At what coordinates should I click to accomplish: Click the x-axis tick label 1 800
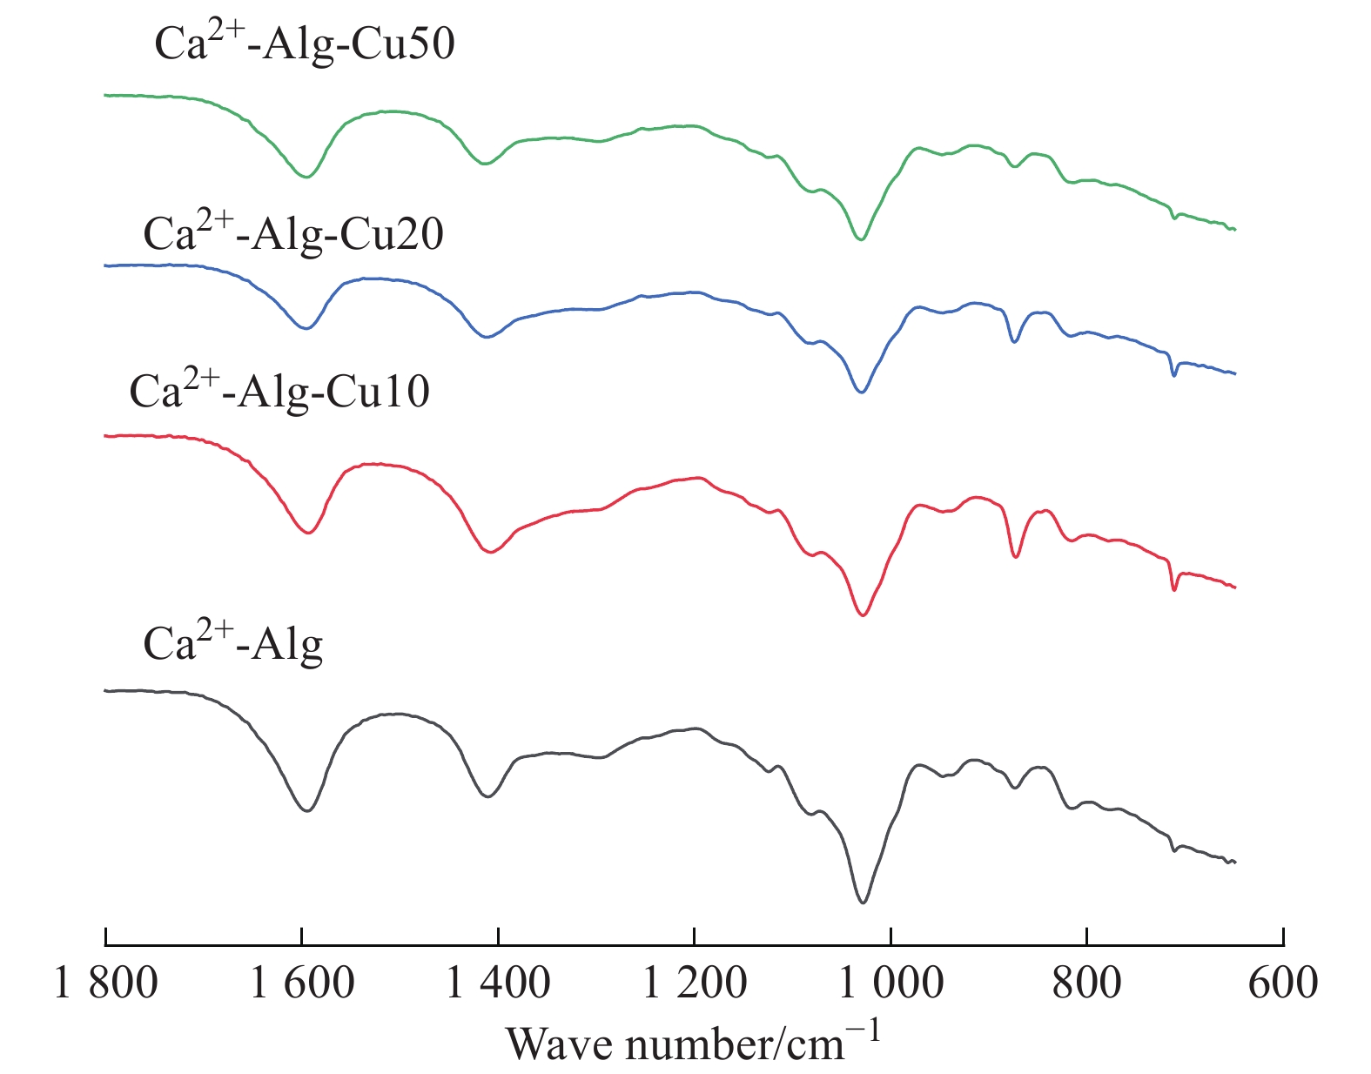[105, 983]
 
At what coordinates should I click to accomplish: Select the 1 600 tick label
[302, 983]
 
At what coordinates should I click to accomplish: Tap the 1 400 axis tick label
[498, 983]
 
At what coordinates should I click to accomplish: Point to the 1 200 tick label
[694, 983]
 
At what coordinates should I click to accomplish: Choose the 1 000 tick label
[890, 983]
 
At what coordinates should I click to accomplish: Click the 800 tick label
[1086, 983]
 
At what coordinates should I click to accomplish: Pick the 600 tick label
[1283, 983]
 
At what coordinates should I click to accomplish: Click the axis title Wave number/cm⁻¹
[694, 1042]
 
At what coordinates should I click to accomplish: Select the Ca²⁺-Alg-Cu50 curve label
[305, 44]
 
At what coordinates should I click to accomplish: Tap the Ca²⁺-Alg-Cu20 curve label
[293, 232]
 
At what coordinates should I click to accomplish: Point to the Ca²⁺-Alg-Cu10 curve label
[279, 391]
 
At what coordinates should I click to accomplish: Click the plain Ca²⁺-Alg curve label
[233, 644]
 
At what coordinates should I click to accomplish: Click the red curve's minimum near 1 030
[863, 615]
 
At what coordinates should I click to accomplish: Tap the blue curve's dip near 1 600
[306, 328]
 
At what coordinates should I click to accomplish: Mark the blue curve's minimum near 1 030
[862, 393]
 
